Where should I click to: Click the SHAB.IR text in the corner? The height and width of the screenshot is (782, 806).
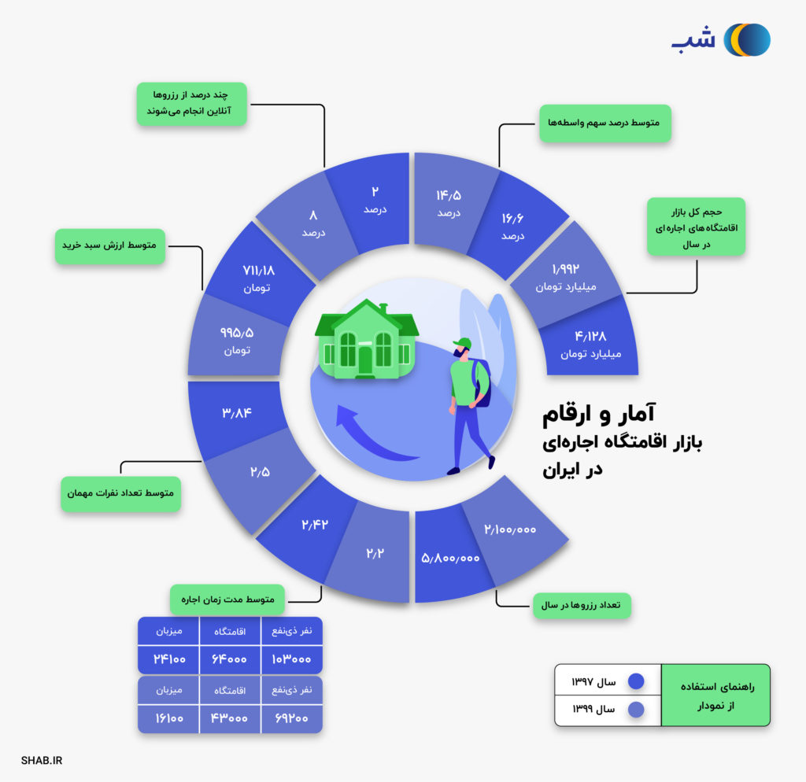point(43,761)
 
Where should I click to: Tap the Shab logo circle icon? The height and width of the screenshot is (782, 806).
point(747,40)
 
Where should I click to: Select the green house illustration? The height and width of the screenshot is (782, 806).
point(366,340)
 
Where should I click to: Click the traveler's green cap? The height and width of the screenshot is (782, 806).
point(462,343)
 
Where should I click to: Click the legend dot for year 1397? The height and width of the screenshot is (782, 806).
point(636,681)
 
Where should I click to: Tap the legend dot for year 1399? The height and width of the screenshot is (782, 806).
point(636,710)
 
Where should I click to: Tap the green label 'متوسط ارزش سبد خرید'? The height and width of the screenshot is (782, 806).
point(109,245)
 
